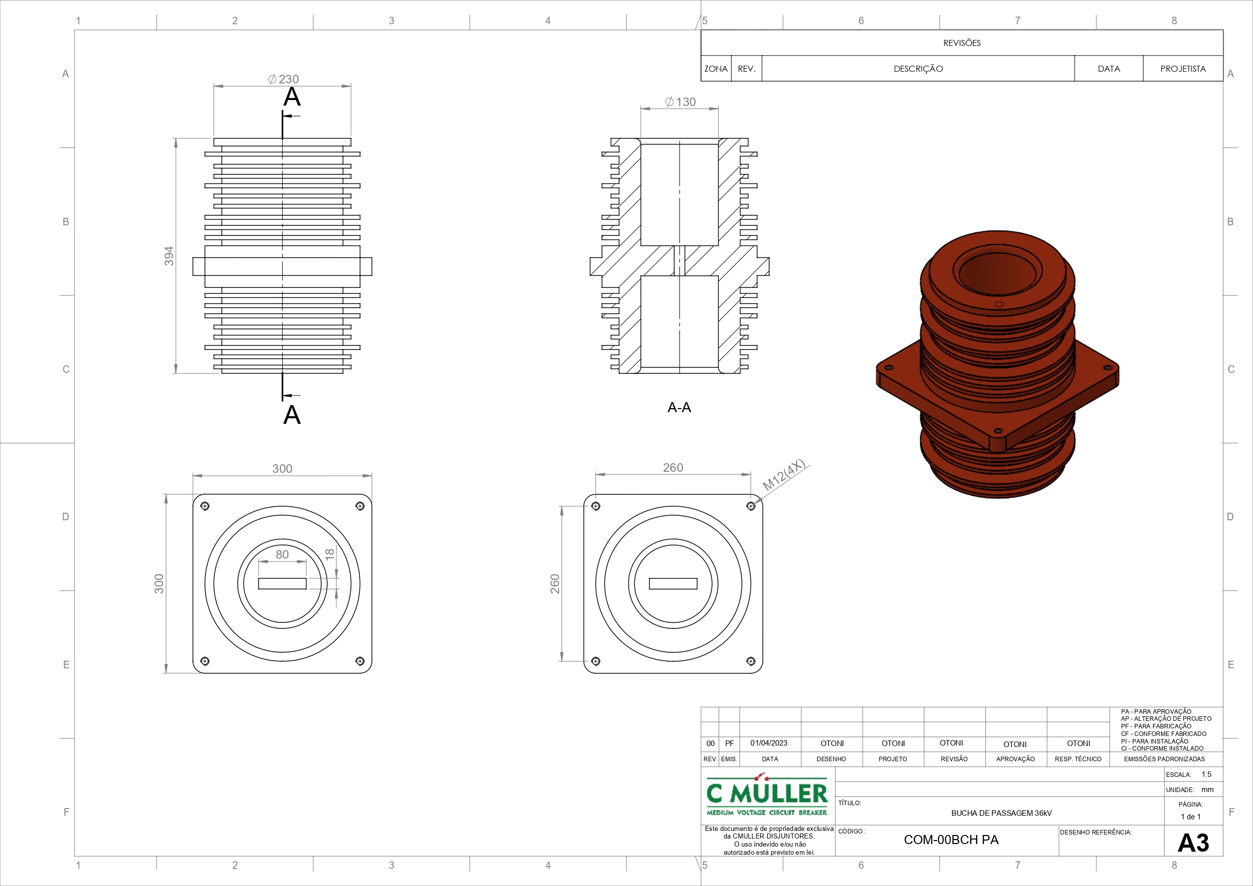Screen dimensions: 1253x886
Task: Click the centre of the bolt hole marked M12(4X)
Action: [x=751, y=506]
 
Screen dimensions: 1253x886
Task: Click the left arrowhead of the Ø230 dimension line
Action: [x=218, y=86]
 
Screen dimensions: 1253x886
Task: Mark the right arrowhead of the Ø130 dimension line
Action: [x=713, y=109]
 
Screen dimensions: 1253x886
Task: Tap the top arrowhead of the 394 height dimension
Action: [x=176, y=143]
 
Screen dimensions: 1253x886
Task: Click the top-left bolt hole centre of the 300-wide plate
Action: [x=205, y=506]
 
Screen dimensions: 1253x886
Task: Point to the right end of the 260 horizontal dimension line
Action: [x=751, y=475]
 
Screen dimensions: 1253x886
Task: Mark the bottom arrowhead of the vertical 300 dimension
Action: [x=166, y=668]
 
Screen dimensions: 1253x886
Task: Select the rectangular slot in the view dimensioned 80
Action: [x=282, y=583]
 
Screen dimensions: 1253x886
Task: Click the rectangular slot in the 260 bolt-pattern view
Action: [x=673, y=583]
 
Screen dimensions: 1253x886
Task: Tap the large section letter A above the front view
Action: [x=292, y=96]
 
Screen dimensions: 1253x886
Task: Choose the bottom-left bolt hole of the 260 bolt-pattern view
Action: [x=596, y=661]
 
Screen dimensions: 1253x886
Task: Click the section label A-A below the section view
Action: [x=679, y=407]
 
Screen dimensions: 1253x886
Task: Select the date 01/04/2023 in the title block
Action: [x=769, y=743]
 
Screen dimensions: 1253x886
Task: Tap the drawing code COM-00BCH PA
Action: [x=951, y=840]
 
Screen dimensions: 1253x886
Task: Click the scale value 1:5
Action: [x=1207, y=774]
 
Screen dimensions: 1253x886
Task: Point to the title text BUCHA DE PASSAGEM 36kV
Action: [x=1001, y=813]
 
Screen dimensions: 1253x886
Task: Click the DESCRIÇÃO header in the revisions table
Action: [x=919, y=69]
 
